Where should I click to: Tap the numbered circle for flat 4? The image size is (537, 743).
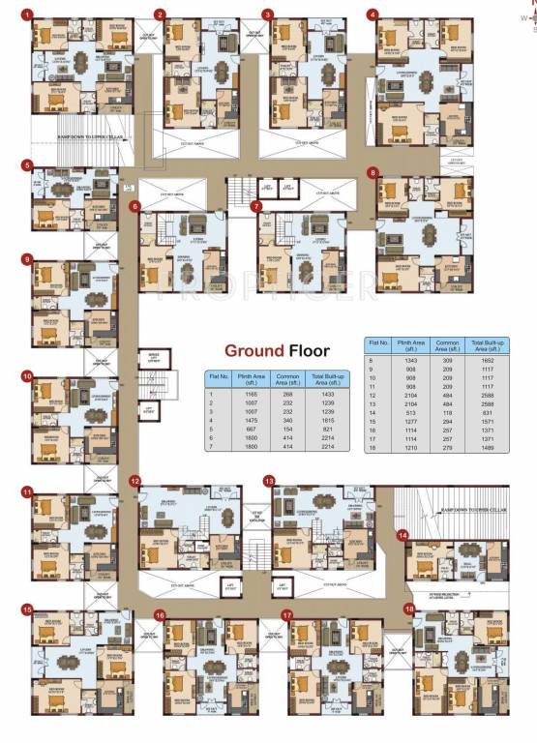[373, 15]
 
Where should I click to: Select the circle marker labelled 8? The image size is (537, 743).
[373, 172]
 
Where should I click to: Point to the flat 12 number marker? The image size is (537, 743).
[136, 481]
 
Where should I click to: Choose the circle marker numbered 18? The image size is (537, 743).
[409, 609]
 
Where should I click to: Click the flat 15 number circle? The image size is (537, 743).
[27, 609]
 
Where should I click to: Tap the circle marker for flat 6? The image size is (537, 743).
[136, 205]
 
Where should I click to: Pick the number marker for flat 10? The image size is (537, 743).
[27, 374]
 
